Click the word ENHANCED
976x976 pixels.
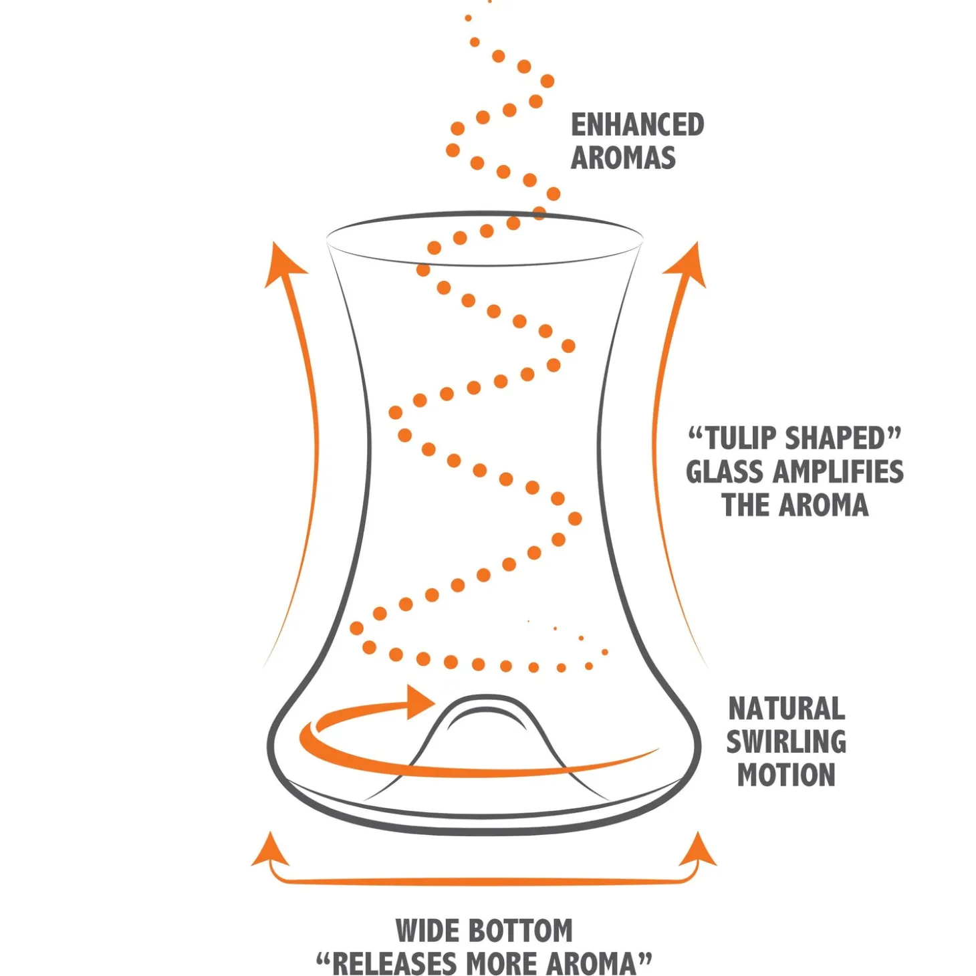coord(636,125)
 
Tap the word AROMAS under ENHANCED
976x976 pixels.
coord(623,158)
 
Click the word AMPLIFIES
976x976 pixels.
coord(838,472)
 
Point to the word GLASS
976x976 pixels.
coord(726,472)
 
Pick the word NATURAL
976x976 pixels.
coord(786,709)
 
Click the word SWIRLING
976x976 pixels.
coord(786,741)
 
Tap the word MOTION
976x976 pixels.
coord(786,775)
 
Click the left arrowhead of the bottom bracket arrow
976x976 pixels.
coord(270,850)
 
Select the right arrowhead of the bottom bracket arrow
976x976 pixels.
coord(699,850)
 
